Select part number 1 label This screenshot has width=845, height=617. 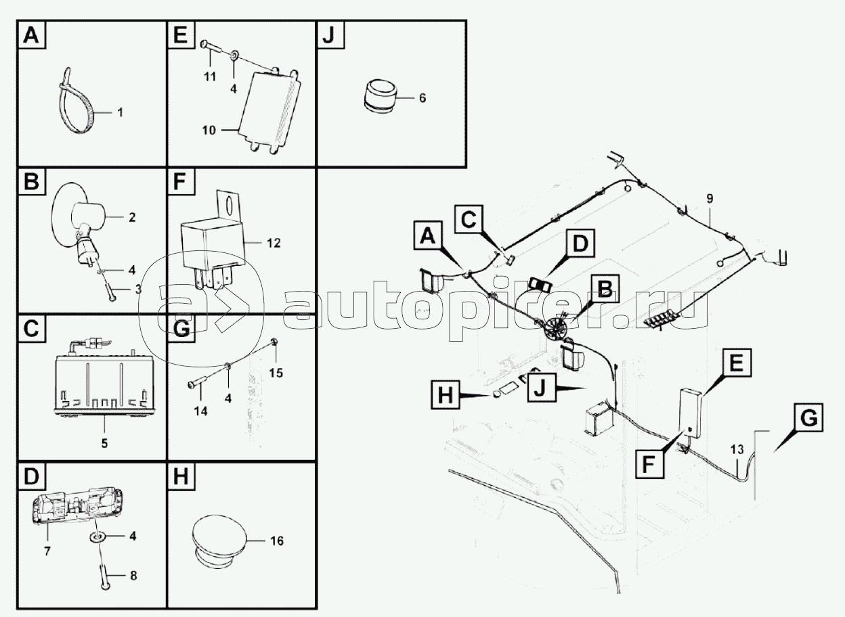click(x=121, y=112)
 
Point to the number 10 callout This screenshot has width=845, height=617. click(x=209, y=131)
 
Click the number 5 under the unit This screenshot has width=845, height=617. click(x=104, y=444)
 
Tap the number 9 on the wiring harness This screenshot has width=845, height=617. click(x=710, y=199)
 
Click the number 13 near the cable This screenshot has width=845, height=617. click(x=737, y=450)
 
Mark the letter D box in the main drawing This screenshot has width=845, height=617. click(x=580, y=243)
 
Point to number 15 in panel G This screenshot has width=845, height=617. click(x=276, y=373)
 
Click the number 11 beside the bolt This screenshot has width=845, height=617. click(x=210, y=77)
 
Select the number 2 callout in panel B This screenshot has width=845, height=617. click(x=132, y=217)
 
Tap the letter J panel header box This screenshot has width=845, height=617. click(x=330, y=35)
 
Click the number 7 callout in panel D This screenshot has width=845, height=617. click(x=47, y=552)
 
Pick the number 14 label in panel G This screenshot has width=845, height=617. click(x=201, y=411)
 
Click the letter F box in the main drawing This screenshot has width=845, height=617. click(x=648, y=464)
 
